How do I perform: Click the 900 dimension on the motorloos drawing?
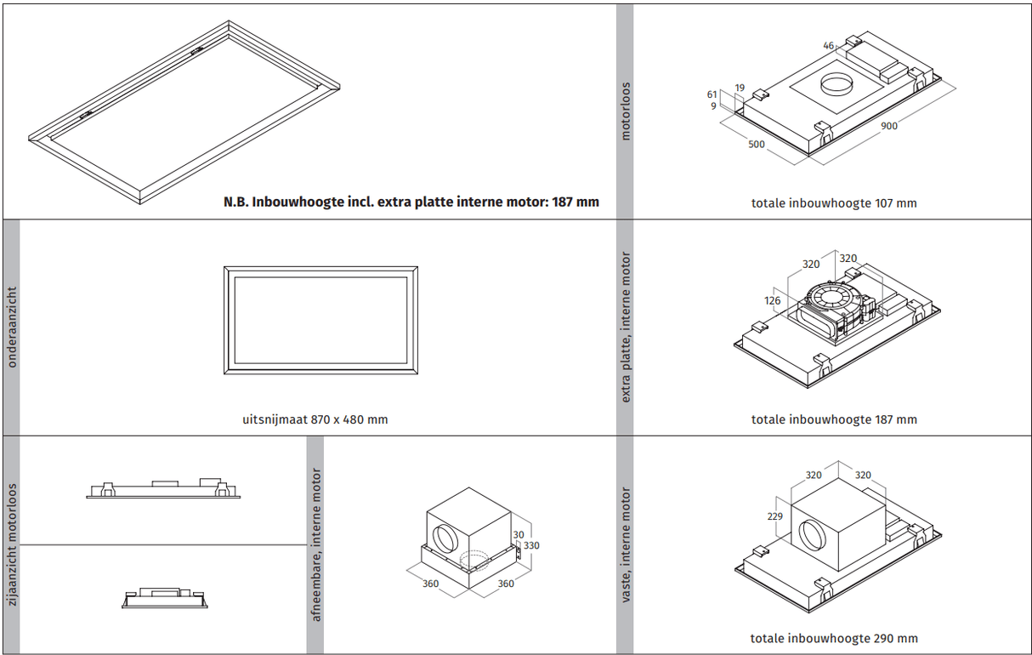(888, 127)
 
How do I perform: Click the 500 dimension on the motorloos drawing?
(757, 145)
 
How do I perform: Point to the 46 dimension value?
(829, 46)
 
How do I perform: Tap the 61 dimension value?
(712, 95)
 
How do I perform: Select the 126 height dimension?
(772, 300)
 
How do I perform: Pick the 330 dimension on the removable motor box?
(532, 545)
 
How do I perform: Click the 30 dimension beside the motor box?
(519, 535)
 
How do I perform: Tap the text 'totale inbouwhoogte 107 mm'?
(834, 203)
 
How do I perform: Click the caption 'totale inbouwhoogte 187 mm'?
(834, 419)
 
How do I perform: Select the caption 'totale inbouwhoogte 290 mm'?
(834, 638)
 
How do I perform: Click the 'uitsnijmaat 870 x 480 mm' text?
(315, 419)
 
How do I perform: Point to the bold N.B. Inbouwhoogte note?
(411, 202)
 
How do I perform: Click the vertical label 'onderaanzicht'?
(11, 327)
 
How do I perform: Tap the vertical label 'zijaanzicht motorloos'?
(11, 544)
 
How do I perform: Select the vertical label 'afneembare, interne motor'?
(316, 544)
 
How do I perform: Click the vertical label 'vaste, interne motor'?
(626, 544)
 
